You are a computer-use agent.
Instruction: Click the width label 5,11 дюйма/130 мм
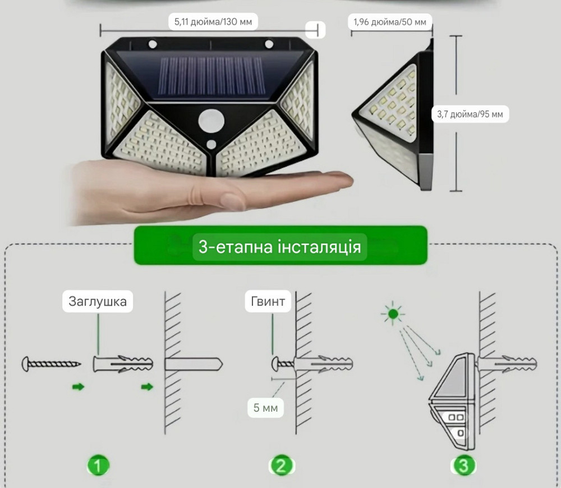coord(213,22)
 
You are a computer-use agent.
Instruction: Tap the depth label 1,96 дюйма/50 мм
coord(390,22)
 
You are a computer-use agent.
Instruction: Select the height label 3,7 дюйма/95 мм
coord(470,114)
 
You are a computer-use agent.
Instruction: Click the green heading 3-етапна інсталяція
coord(280,247)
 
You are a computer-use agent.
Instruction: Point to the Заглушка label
coord(97,301)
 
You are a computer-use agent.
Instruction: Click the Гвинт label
coord(268,301)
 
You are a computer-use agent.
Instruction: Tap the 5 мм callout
coord(265,407)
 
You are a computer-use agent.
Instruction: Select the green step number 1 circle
coord(98,466)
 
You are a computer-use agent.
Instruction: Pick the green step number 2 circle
coord(281,466)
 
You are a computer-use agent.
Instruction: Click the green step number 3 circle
coord(463,466)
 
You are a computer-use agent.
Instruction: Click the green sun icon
coord(393,314)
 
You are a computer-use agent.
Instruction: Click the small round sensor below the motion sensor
coord(211,144)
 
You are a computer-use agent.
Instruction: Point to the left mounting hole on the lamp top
coord(153,44)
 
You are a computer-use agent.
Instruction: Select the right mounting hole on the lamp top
coord(269,44)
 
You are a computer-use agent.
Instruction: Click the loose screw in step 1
coord(51,364)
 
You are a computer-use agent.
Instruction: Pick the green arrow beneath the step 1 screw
coord(79,386)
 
